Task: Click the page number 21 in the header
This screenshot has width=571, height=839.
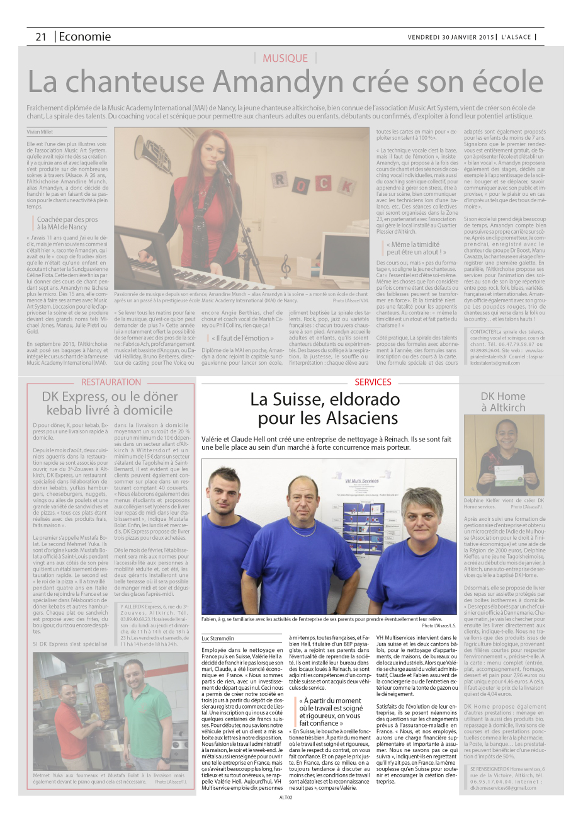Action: tap(41, 37)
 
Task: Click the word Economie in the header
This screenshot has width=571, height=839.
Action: tap(85, 37)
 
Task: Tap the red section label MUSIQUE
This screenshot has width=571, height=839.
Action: tap(285, 58)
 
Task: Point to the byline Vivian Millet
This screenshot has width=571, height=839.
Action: tap(40, 132)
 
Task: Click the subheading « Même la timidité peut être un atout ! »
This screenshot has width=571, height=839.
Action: tap(416, 248)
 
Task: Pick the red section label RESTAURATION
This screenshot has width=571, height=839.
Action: tap(111, 382)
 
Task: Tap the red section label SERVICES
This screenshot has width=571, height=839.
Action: tap(373, 382)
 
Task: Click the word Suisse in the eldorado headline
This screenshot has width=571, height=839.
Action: tap(310, 399)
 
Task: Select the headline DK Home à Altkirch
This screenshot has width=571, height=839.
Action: tap(502, 401)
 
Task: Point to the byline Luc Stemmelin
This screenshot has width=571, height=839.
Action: tap(218, 638)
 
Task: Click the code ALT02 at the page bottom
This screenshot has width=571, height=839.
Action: tap(286, 797)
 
